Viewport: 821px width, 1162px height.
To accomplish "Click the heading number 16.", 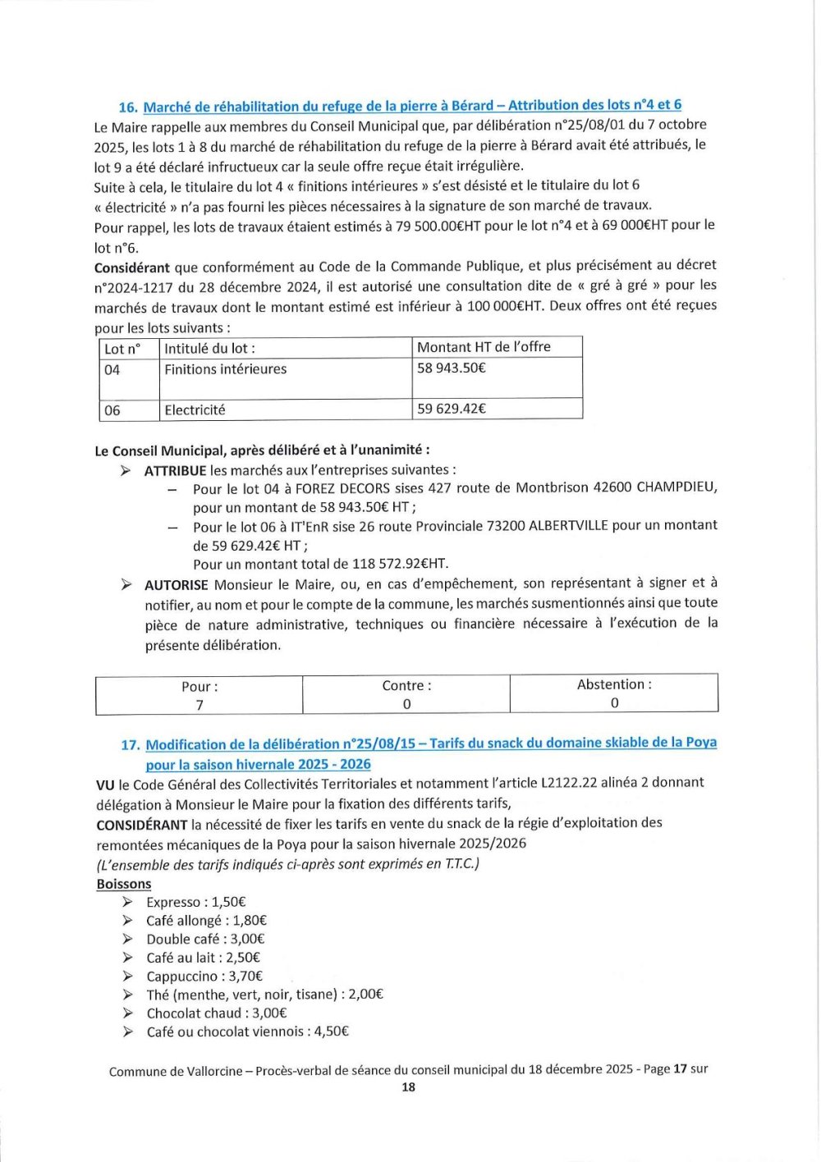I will pyautogui.click(x=127, y=108).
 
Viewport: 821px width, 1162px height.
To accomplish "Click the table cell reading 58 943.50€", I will pyautogui.click(x=451, y=368).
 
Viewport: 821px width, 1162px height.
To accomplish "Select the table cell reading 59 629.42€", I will pyautogui.click(x=451, y=409).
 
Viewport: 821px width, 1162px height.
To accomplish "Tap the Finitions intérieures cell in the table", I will pyautogui.click(x=225, y=370).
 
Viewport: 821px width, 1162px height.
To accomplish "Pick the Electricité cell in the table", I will pyautogui.click(x=195, y=410).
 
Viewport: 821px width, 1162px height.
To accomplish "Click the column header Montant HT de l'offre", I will pyautogui.click(x=484, y=347).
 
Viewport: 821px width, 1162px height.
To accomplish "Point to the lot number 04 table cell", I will pyautogui.click(x=112, y=370).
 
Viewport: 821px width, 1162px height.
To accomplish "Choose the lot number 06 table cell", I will pyautogui.click(x=112, y=410).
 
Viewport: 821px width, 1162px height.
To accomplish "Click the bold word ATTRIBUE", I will pyautogui.click(x=175, y=471).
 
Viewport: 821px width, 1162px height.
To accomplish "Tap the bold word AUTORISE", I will pyautogui.click(x=177, y=585).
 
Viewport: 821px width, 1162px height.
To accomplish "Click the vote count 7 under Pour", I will pyautogui.click(x=200, y=705).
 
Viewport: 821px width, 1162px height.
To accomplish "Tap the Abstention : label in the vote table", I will pyautogui.click(x=614, y=684).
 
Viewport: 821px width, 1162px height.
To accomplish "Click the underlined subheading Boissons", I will pyautogui.click(x=124, y=885).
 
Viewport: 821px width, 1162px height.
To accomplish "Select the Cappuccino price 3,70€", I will pyautogui.click(x=245, y=977).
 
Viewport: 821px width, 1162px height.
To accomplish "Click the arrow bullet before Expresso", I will pyautogui.click(x=127, y=902).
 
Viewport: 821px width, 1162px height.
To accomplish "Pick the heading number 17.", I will pyautogui.click(x=130, y=745).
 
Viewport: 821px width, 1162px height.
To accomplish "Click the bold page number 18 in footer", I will pyautogui.click(x=408, y=1087).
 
